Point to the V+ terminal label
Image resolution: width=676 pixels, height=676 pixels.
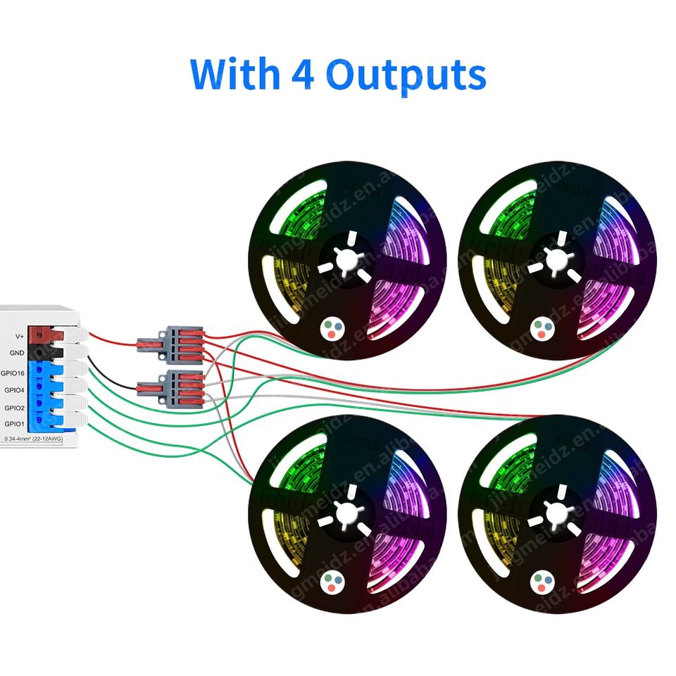[x=18, y=336]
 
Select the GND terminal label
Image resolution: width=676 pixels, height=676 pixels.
[x=18, y=353]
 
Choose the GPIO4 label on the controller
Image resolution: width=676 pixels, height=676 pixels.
[x=15, y=389]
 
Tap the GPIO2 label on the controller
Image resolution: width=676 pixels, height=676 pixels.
[x=15, y=407]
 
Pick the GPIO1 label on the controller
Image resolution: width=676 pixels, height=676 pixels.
[x=15, y=424]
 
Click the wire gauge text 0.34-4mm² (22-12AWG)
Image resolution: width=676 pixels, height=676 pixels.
[x=33, y=439]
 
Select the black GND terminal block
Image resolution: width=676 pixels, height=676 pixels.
[x=48, y=353]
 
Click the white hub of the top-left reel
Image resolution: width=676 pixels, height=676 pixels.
[x=346, y=258]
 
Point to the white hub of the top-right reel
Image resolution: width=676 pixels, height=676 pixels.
[x=556, y=258]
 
